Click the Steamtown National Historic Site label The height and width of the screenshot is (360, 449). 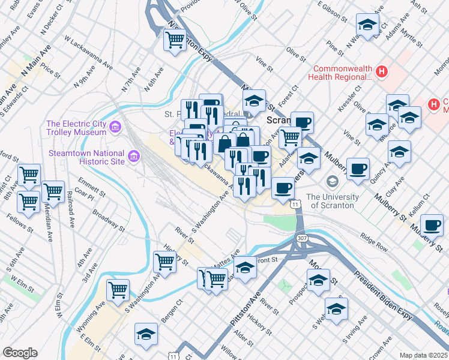tap(87, 157)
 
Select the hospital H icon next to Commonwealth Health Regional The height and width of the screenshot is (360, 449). tap(382, 73)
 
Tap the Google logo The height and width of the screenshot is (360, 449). tap(20, 353)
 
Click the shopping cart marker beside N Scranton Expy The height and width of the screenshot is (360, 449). tap(175, 40)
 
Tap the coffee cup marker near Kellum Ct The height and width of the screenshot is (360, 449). tap(432, 226)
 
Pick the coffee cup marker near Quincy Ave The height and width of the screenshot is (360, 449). tap(358, 169)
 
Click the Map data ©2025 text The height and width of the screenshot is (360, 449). tap(423, 355)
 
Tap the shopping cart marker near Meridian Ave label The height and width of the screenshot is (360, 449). tap(53, 191)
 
